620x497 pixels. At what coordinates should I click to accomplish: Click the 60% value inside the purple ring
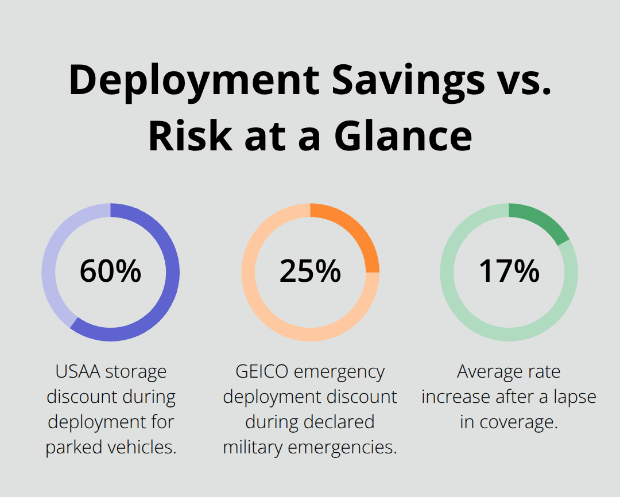(110, 271)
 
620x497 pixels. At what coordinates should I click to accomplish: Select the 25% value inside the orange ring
(310, 271)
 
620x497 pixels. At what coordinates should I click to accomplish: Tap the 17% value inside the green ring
(509, 271)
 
